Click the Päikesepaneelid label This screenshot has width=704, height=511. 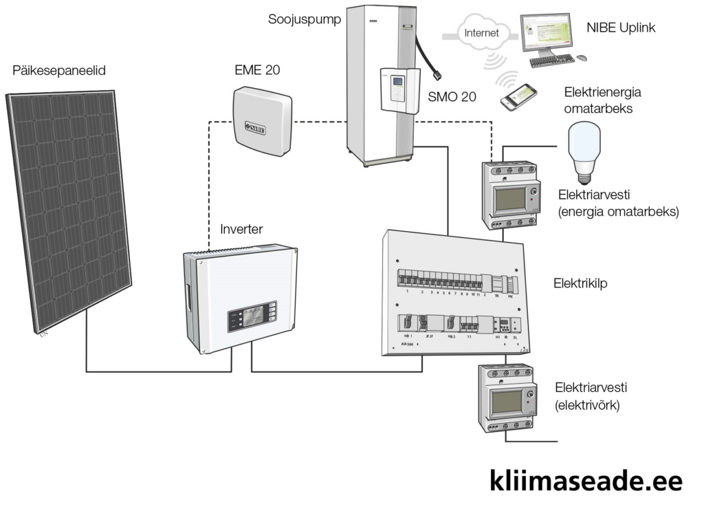pos(59,71)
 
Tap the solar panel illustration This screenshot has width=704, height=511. pos(69,206)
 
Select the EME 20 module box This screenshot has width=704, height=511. pos(262,122)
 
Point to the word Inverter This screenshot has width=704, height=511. pos(241,229)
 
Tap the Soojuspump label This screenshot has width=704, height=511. pos(305,19)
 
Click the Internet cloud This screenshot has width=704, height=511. pos(479,32)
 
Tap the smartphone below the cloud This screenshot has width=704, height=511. pos(518,97)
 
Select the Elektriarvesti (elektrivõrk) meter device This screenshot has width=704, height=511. pos(509,399)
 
